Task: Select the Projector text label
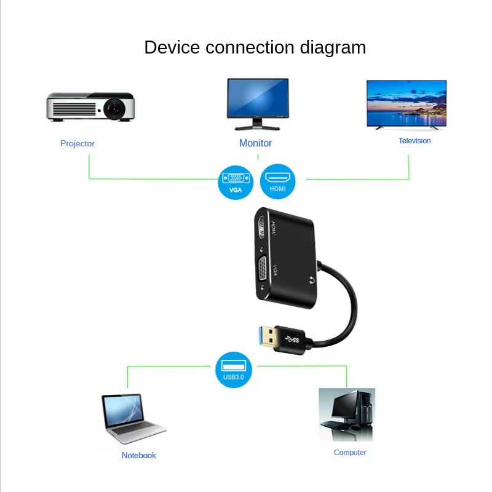[x=77, y=143]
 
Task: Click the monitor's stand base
[x=258, y=128]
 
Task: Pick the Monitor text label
[x=255, y=143]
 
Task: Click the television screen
[x=407, y=101]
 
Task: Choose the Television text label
[x=415, y=141]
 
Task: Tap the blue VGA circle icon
[x=236, y=182]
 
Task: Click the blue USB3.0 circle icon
[x=234, y=370]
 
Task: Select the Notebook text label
[x=139, y=455]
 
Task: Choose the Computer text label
[x=350, y=453]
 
